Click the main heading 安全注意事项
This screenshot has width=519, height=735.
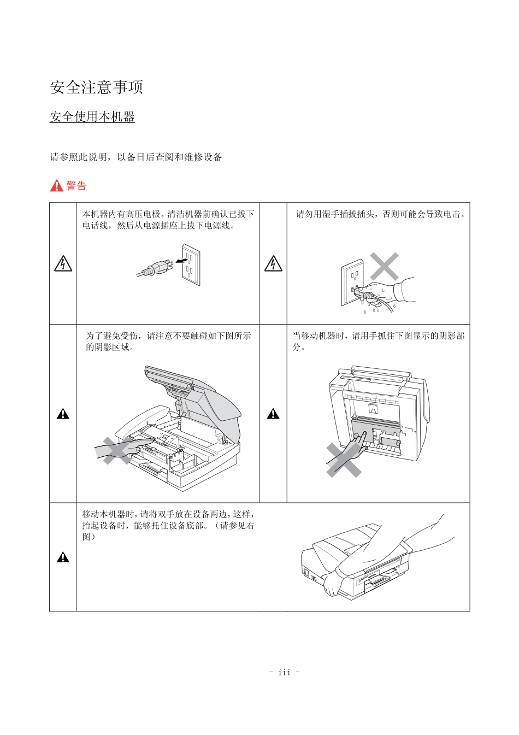point(96,87)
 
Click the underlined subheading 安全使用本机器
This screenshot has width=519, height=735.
point(92,117)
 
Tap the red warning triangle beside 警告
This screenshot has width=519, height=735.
point(56,186)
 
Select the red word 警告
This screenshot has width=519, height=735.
point(76,186)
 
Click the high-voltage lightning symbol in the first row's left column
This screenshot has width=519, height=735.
point(63,263)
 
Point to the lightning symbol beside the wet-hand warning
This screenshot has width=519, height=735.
point(273,263)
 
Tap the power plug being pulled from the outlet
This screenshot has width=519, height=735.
point(160,267)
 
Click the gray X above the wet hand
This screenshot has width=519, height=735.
point(385,267)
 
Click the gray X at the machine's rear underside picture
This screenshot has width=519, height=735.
point(344,460)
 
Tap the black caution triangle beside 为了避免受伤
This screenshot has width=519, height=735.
point(63,414)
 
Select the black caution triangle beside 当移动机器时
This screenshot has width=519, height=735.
point(273,414)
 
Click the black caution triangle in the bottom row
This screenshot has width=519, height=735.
point(63,557)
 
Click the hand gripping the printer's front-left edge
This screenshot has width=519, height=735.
point(332,586)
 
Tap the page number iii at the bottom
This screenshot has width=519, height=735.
point(284,672)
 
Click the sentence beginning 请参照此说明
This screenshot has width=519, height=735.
point(136,157)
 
